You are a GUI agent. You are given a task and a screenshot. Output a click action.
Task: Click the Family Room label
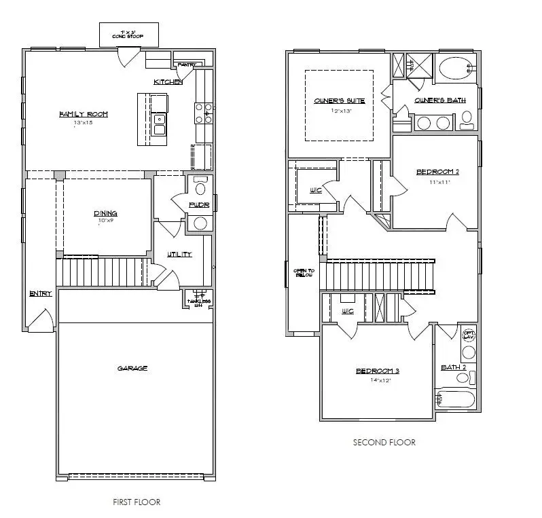(84, 114)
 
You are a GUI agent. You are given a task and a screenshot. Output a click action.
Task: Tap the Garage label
(132, 368)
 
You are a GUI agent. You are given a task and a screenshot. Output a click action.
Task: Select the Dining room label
(106, 213)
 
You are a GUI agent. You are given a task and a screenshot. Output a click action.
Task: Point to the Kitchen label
(168, 81)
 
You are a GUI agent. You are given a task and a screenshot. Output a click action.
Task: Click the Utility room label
(179, 254)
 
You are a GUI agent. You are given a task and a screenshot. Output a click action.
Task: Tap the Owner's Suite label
(339, 100)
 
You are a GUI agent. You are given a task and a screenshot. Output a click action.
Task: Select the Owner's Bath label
(440, 100)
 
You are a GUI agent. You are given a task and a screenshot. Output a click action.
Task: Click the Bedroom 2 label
(438, 172)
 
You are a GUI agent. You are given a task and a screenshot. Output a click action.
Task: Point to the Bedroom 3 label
(378, 371)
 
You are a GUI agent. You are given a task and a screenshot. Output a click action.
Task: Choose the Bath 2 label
(453, 367)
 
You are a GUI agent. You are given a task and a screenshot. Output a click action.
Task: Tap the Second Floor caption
(384, 442)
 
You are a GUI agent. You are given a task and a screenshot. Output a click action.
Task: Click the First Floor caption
(137, 502)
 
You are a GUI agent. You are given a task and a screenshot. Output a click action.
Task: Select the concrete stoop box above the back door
(128, 34)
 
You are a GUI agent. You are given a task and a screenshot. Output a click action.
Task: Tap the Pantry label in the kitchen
(186, 65)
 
